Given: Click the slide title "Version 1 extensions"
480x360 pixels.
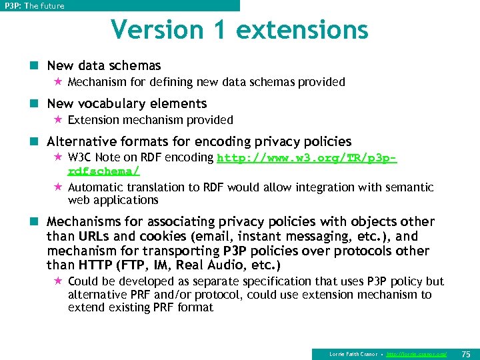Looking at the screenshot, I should pyautogui.click(x=239, y=30).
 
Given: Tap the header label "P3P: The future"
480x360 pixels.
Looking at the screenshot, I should pyautogui.click(x=35, y=6).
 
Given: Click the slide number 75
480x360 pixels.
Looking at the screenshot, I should pyautogui.click(x=466, y=354).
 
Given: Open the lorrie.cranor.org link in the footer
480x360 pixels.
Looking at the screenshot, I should pyautogui.click(x=416, y=354).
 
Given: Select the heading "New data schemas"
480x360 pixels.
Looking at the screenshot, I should pyautogui.click(x=104, y=65).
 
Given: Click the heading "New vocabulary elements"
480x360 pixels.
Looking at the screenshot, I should pyautogui.click(x=127, y=103).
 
